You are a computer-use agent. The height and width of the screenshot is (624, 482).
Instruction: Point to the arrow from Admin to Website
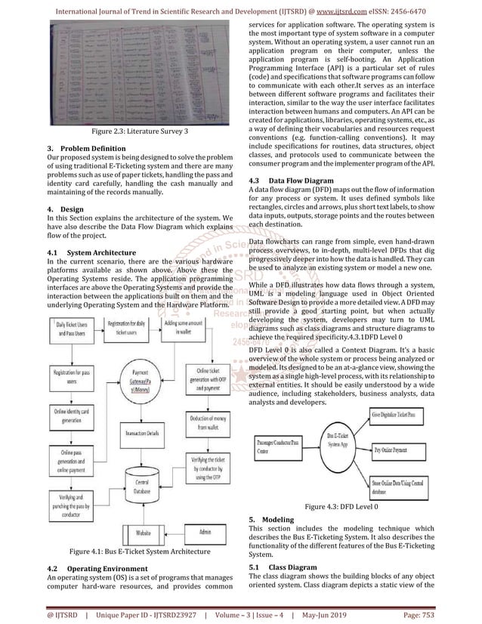click(173, 533)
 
